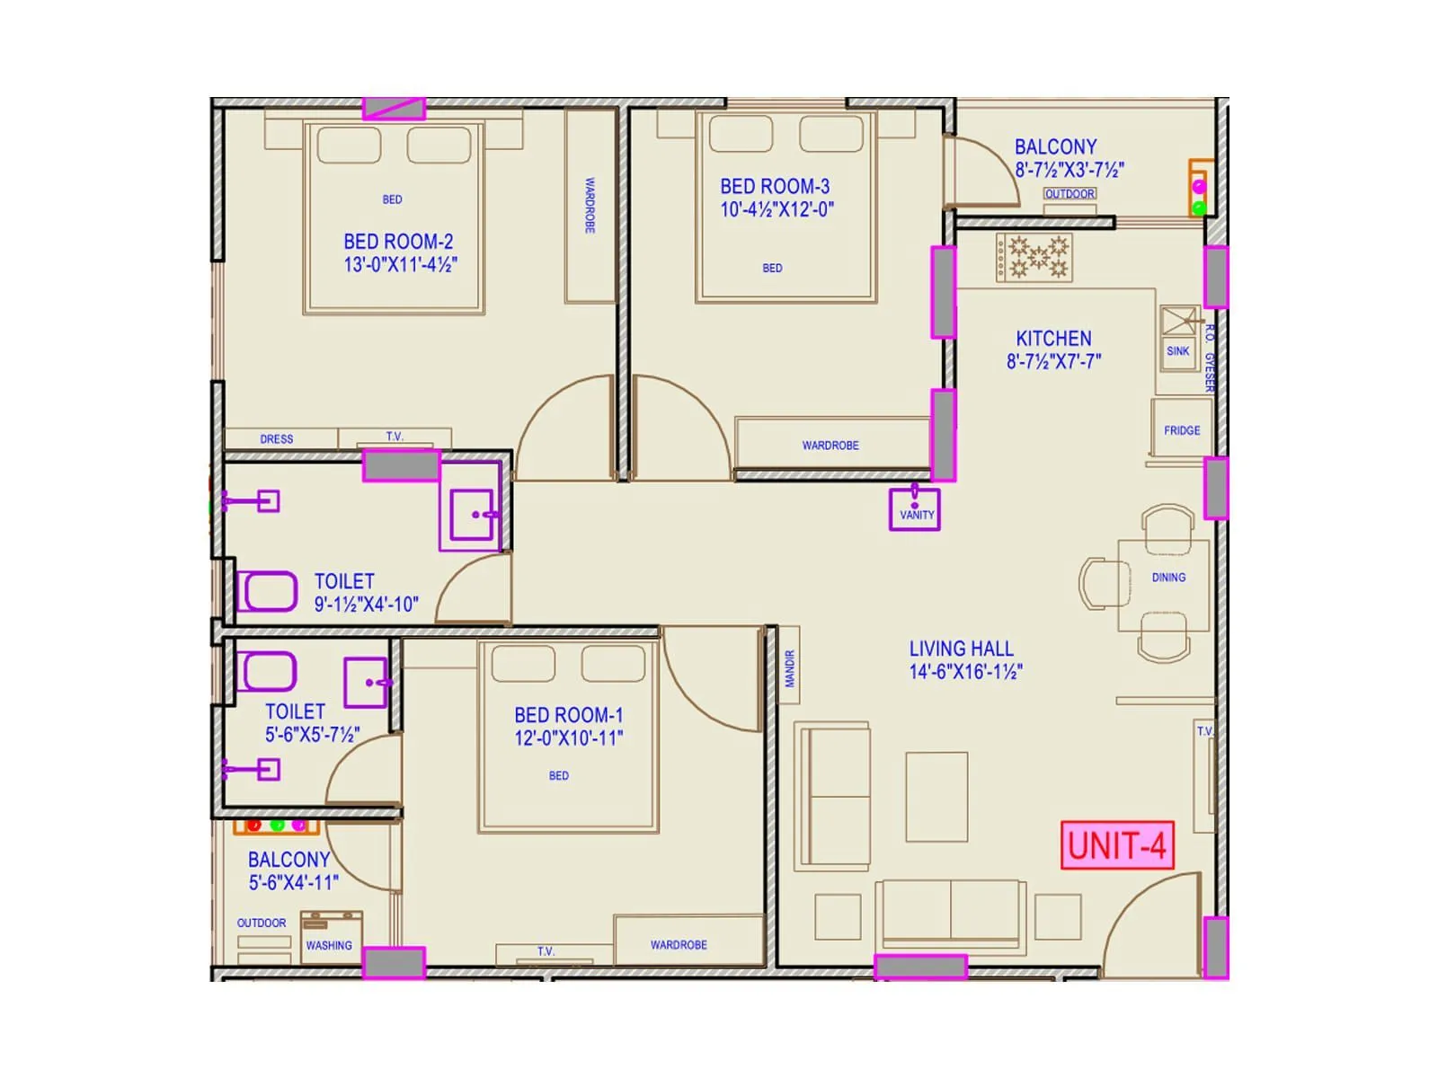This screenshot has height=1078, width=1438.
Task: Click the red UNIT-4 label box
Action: pyautogui.click(x=1116, y=845)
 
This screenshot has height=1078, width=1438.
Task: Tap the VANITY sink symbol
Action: pyautogui.click(x=915, y=508)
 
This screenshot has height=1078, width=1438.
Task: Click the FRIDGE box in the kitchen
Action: pyautogui.click(x=1181, y=430)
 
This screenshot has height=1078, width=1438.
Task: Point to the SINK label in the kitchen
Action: pyautogui.click(x=1177, y=351)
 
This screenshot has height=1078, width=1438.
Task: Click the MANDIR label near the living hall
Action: pyautogui.click(x=790, y=669)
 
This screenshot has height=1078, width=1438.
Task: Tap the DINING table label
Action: pyautogui.click(x=1168, y=578)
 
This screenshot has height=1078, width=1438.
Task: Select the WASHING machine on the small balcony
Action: pyautogui.click(x=331, y=936)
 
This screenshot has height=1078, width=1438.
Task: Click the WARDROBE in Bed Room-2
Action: pyautogui.click(x=590, y=206)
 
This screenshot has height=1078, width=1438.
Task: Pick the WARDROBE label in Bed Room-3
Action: pyautogui.click(x=830, y=446)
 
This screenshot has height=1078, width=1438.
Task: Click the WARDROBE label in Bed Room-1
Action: pyautogui.click(x=679, y=945)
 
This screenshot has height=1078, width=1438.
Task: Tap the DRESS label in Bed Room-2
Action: pyautogui.click(x=277, y=439)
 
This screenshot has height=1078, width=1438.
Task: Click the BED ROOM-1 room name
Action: pyautogui.click(x=568, y=715)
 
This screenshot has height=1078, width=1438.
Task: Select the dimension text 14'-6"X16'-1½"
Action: pyautogui.click(x=965, y=672)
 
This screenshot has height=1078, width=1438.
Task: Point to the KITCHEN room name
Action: pyautogui.click(x=1053, y=339)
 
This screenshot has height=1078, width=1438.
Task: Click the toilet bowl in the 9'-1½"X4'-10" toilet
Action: pyautogui.click(x=268, y=592)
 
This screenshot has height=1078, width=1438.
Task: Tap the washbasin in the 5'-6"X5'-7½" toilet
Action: pyautogui.click(x=366, y=683)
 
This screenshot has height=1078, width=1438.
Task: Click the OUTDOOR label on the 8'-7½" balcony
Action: pyautogui.click(x=1070, y=194)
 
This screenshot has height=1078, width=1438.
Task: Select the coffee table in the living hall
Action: pyautogui.click(x=936, y=797)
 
